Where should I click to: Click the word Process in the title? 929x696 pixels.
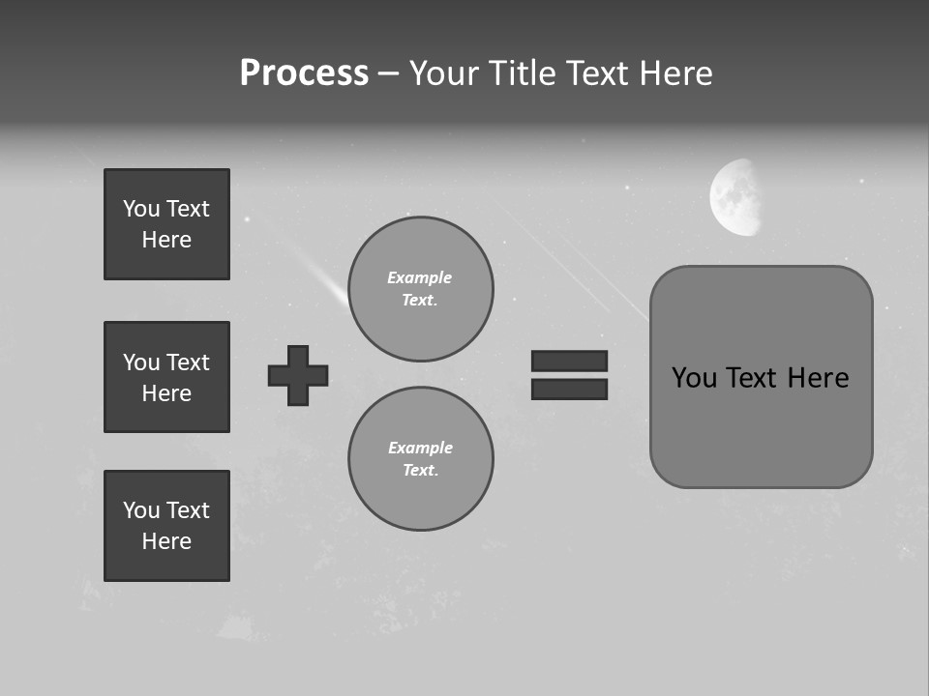[304, 73]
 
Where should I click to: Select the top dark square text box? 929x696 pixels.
[166, 224]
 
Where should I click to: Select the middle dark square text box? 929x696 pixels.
[166, 377]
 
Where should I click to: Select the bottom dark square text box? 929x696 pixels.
[166, 526]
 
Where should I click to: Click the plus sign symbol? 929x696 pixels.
[298, 375]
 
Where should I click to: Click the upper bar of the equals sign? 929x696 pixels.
[569, 361]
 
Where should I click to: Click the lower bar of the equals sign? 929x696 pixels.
[569, 390]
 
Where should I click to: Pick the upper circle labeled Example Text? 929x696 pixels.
[421, 288]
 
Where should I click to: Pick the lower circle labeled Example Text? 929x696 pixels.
[421, 458]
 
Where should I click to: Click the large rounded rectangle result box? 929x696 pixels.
[761, 425]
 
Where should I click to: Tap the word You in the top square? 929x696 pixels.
[141, 209]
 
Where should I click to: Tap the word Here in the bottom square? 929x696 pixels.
[166, 541]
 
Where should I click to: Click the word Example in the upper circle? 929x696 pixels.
[419, 277]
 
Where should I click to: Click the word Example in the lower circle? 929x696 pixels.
[420, 448]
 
